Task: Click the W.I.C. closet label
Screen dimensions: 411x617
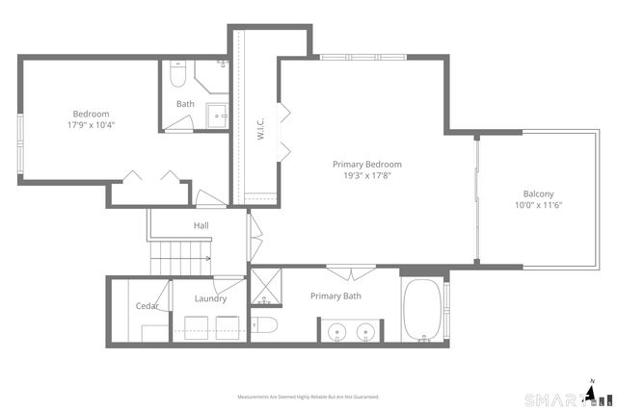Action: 260,123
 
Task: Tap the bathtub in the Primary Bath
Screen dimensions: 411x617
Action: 422,310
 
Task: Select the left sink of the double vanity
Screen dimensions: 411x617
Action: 338,332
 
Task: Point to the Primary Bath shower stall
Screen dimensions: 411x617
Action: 263,286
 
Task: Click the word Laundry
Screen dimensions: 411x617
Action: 210,298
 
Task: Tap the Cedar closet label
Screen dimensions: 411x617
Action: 147,306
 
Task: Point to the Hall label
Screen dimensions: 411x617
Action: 201,225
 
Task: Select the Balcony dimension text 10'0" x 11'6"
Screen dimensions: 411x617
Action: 538,204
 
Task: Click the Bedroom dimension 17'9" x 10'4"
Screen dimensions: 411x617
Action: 91,125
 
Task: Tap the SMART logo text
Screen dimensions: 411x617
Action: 553,398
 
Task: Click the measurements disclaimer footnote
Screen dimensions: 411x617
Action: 308,397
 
